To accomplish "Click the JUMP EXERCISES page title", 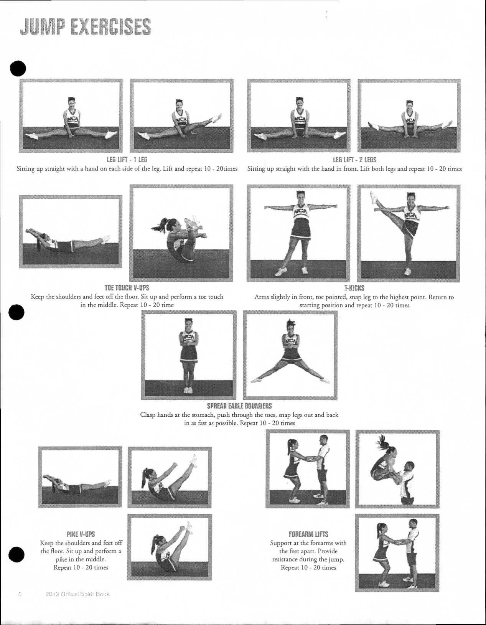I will (x=85, y=26).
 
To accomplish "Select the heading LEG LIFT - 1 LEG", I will (x=127, y=160).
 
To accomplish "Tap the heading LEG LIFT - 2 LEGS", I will (x=354, y=160).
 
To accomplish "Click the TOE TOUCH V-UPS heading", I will (x=127, y=288).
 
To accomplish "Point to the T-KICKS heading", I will (x=354, y=288).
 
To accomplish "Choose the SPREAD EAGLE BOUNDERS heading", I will (x=239, y=406).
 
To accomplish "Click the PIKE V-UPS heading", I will (x=81, y=534).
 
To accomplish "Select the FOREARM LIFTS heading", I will (x=308, y=534).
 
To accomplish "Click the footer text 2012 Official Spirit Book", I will (x=77, y=594).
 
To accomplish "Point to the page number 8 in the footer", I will (x=20, y=594).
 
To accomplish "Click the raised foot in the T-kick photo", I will (x=373, y=198).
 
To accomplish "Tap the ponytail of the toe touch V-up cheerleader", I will (x=160, y=224).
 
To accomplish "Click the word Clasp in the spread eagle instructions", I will (x=148, y=415).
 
